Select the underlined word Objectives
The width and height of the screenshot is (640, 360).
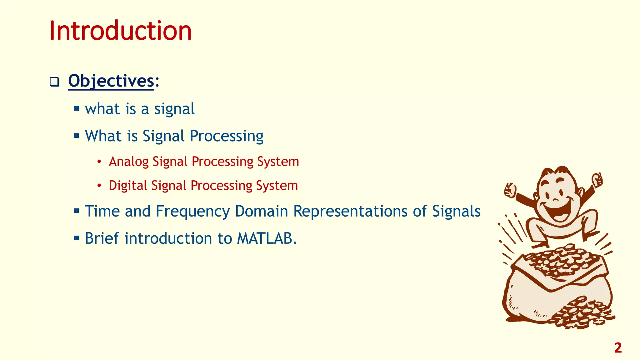[111, 81]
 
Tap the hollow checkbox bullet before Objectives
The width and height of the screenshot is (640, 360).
[54, 82]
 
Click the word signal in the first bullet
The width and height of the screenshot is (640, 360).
[174, 109]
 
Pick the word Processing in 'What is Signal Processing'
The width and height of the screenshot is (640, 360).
[227, 136]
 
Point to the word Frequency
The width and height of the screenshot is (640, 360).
[192, 212]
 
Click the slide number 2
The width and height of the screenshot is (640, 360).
[618, 348]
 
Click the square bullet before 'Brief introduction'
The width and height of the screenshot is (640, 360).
[77, 238]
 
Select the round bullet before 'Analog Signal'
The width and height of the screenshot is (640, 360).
[99, 162]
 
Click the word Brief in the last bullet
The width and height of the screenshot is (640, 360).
[102, 238]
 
